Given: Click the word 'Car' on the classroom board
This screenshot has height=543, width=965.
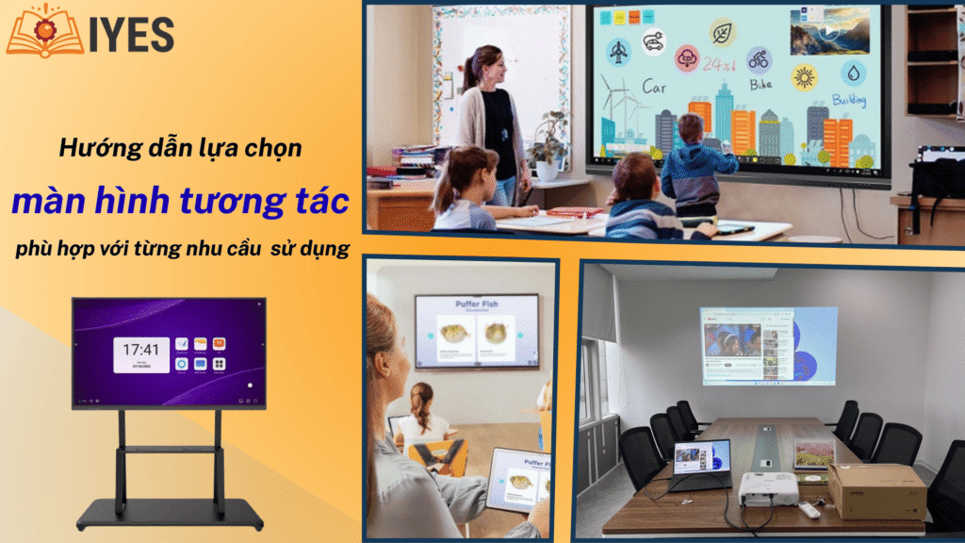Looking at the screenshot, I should pos(656,88).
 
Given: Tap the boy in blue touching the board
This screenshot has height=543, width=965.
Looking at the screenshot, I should pos(695,160).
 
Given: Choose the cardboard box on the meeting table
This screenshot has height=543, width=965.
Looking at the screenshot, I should pos(875,490).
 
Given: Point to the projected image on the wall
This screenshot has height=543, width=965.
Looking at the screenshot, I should pos(767,345).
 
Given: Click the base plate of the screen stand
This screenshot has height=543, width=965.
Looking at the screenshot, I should pos(169,515).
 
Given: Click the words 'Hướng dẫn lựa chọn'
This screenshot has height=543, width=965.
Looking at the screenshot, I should pos(179,148).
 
